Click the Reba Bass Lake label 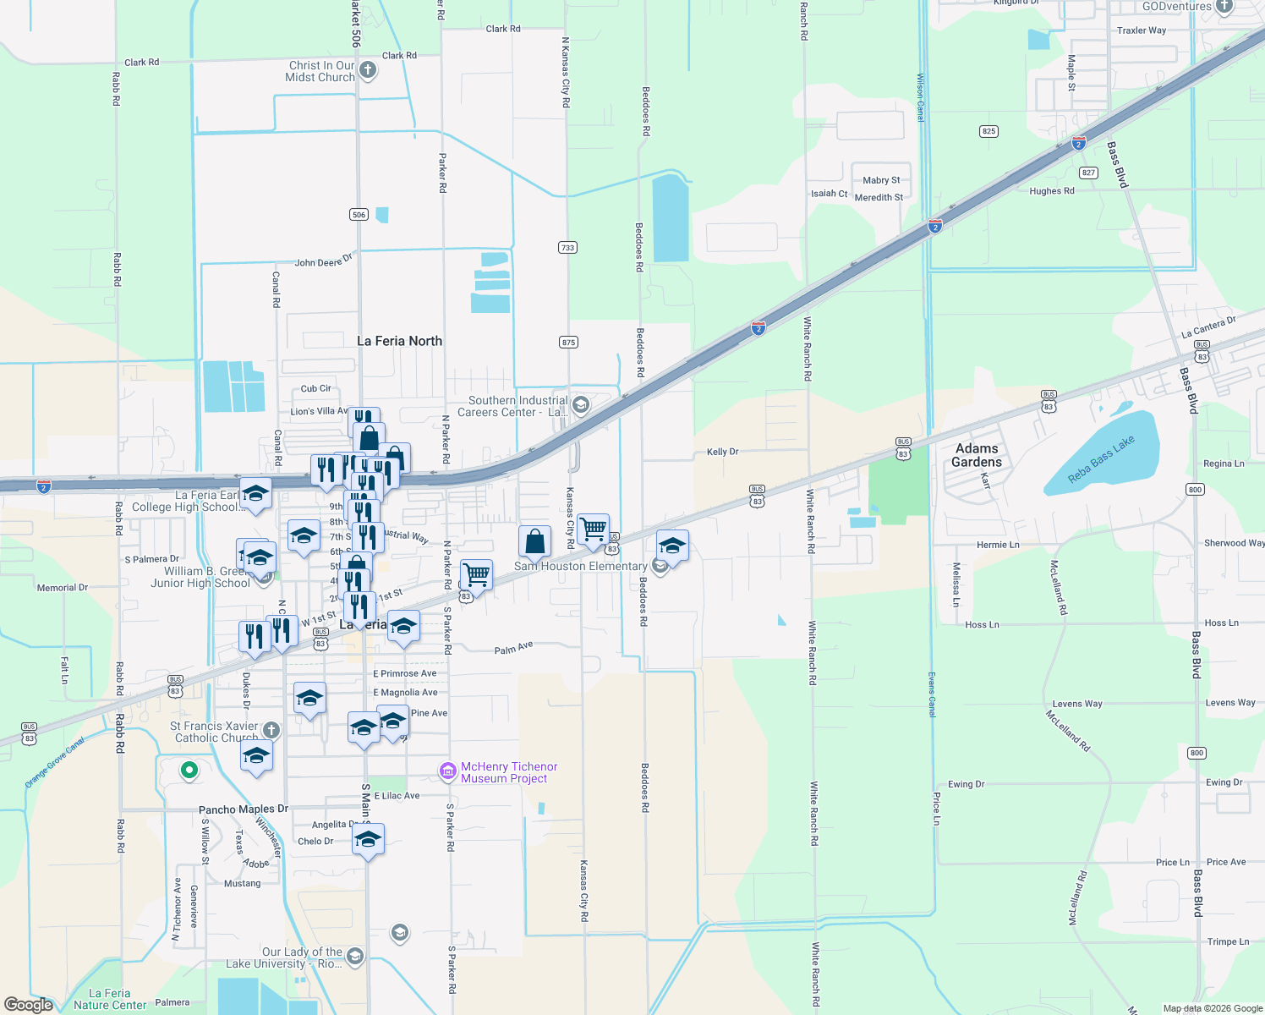pos(1101,460)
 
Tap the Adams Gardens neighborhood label pos(977,455)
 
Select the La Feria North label pos(399,341)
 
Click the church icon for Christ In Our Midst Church pos(367,70)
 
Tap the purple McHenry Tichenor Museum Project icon pos(447,771)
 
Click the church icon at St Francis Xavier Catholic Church pos(271,730)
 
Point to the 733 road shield pos(567,248)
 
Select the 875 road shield pos(568,343)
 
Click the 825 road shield pos(988,131)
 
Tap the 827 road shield pos(1088,173)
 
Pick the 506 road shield pos(359,215)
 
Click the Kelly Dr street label pos(722,452)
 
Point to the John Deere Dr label pos(323,261)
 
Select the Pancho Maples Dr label pos(244,809)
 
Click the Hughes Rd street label pos(1051,191)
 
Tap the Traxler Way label pos(1141,30)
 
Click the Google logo pos(29,1005)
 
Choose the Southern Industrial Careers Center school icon pos(580,405)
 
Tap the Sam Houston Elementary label pos(580,567)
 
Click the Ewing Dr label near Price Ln pos(966,784)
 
